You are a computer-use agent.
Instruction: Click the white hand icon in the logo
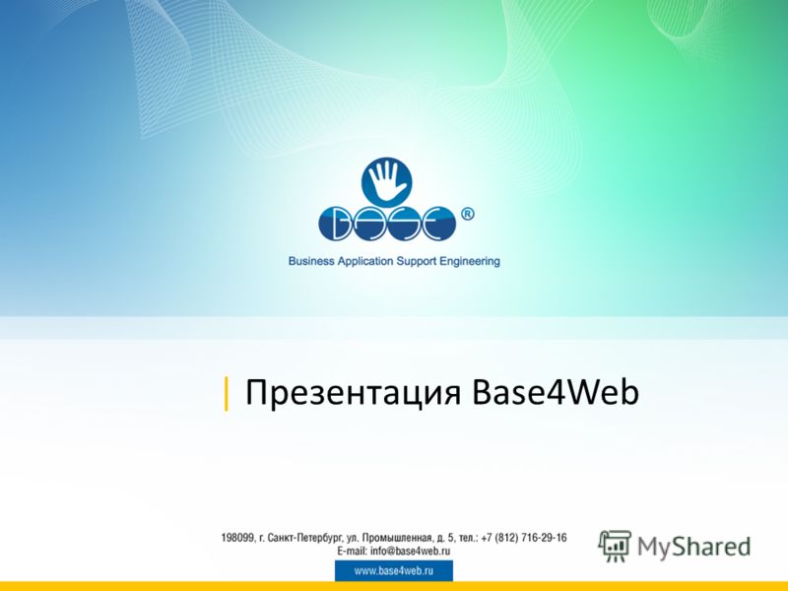(386, 181)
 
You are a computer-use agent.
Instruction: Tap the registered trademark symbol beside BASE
(467, 215)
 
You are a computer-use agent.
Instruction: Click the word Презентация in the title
(353, 393)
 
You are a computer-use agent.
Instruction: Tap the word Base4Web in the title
(556, 391)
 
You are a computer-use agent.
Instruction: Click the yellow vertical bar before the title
(227, 393)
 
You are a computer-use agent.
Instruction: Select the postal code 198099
(237, 538)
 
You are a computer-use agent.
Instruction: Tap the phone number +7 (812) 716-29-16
(524, 538)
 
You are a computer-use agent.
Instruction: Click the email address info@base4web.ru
(410, 551)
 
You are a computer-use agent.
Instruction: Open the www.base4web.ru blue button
(394, 571)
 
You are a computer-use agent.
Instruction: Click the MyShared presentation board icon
(615, 546)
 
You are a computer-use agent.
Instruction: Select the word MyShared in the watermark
(694, 547)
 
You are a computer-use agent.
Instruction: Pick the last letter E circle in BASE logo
(438, 223)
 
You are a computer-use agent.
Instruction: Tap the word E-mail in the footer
(353, 551)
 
